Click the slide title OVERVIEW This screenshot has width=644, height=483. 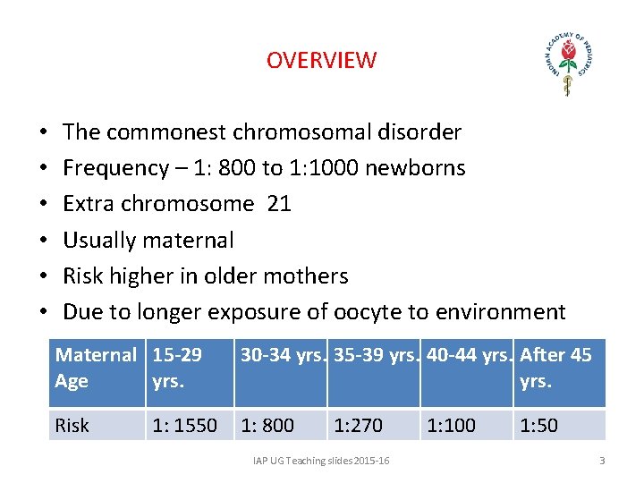[321, 61]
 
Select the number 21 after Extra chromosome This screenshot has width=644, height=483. [279, 204]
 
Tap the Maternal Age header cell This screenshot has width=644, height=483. [96, 368]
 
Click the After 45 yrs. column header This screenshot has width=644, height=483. [555, 368]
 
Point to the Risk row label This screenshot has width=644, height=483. [72, 426]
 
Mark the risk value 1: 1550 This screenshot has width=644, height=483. [184, 426]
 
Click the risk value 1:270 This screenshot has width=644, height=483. [358, 426]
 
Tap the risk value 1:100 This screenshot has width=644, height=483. [452, 426]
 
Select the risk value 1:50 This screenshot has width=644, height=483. [538, 426]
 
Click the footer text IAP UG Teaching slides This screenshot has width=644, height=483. [319, 461]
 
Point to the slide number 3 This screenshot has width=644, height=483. [602, 461]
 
